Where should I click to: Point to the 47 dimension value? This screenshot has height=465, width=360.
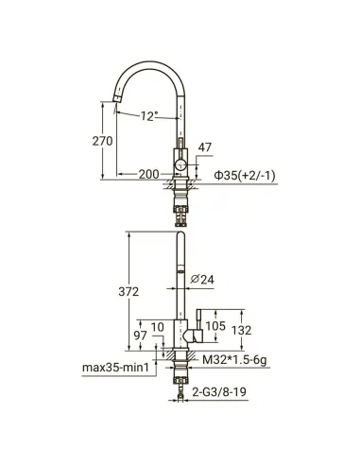pos(205,148)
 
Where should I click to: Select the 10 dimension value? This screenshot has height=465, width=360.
pos(159,327)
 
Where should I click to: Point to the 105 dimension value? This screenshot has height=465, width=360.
pos(214,327)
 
